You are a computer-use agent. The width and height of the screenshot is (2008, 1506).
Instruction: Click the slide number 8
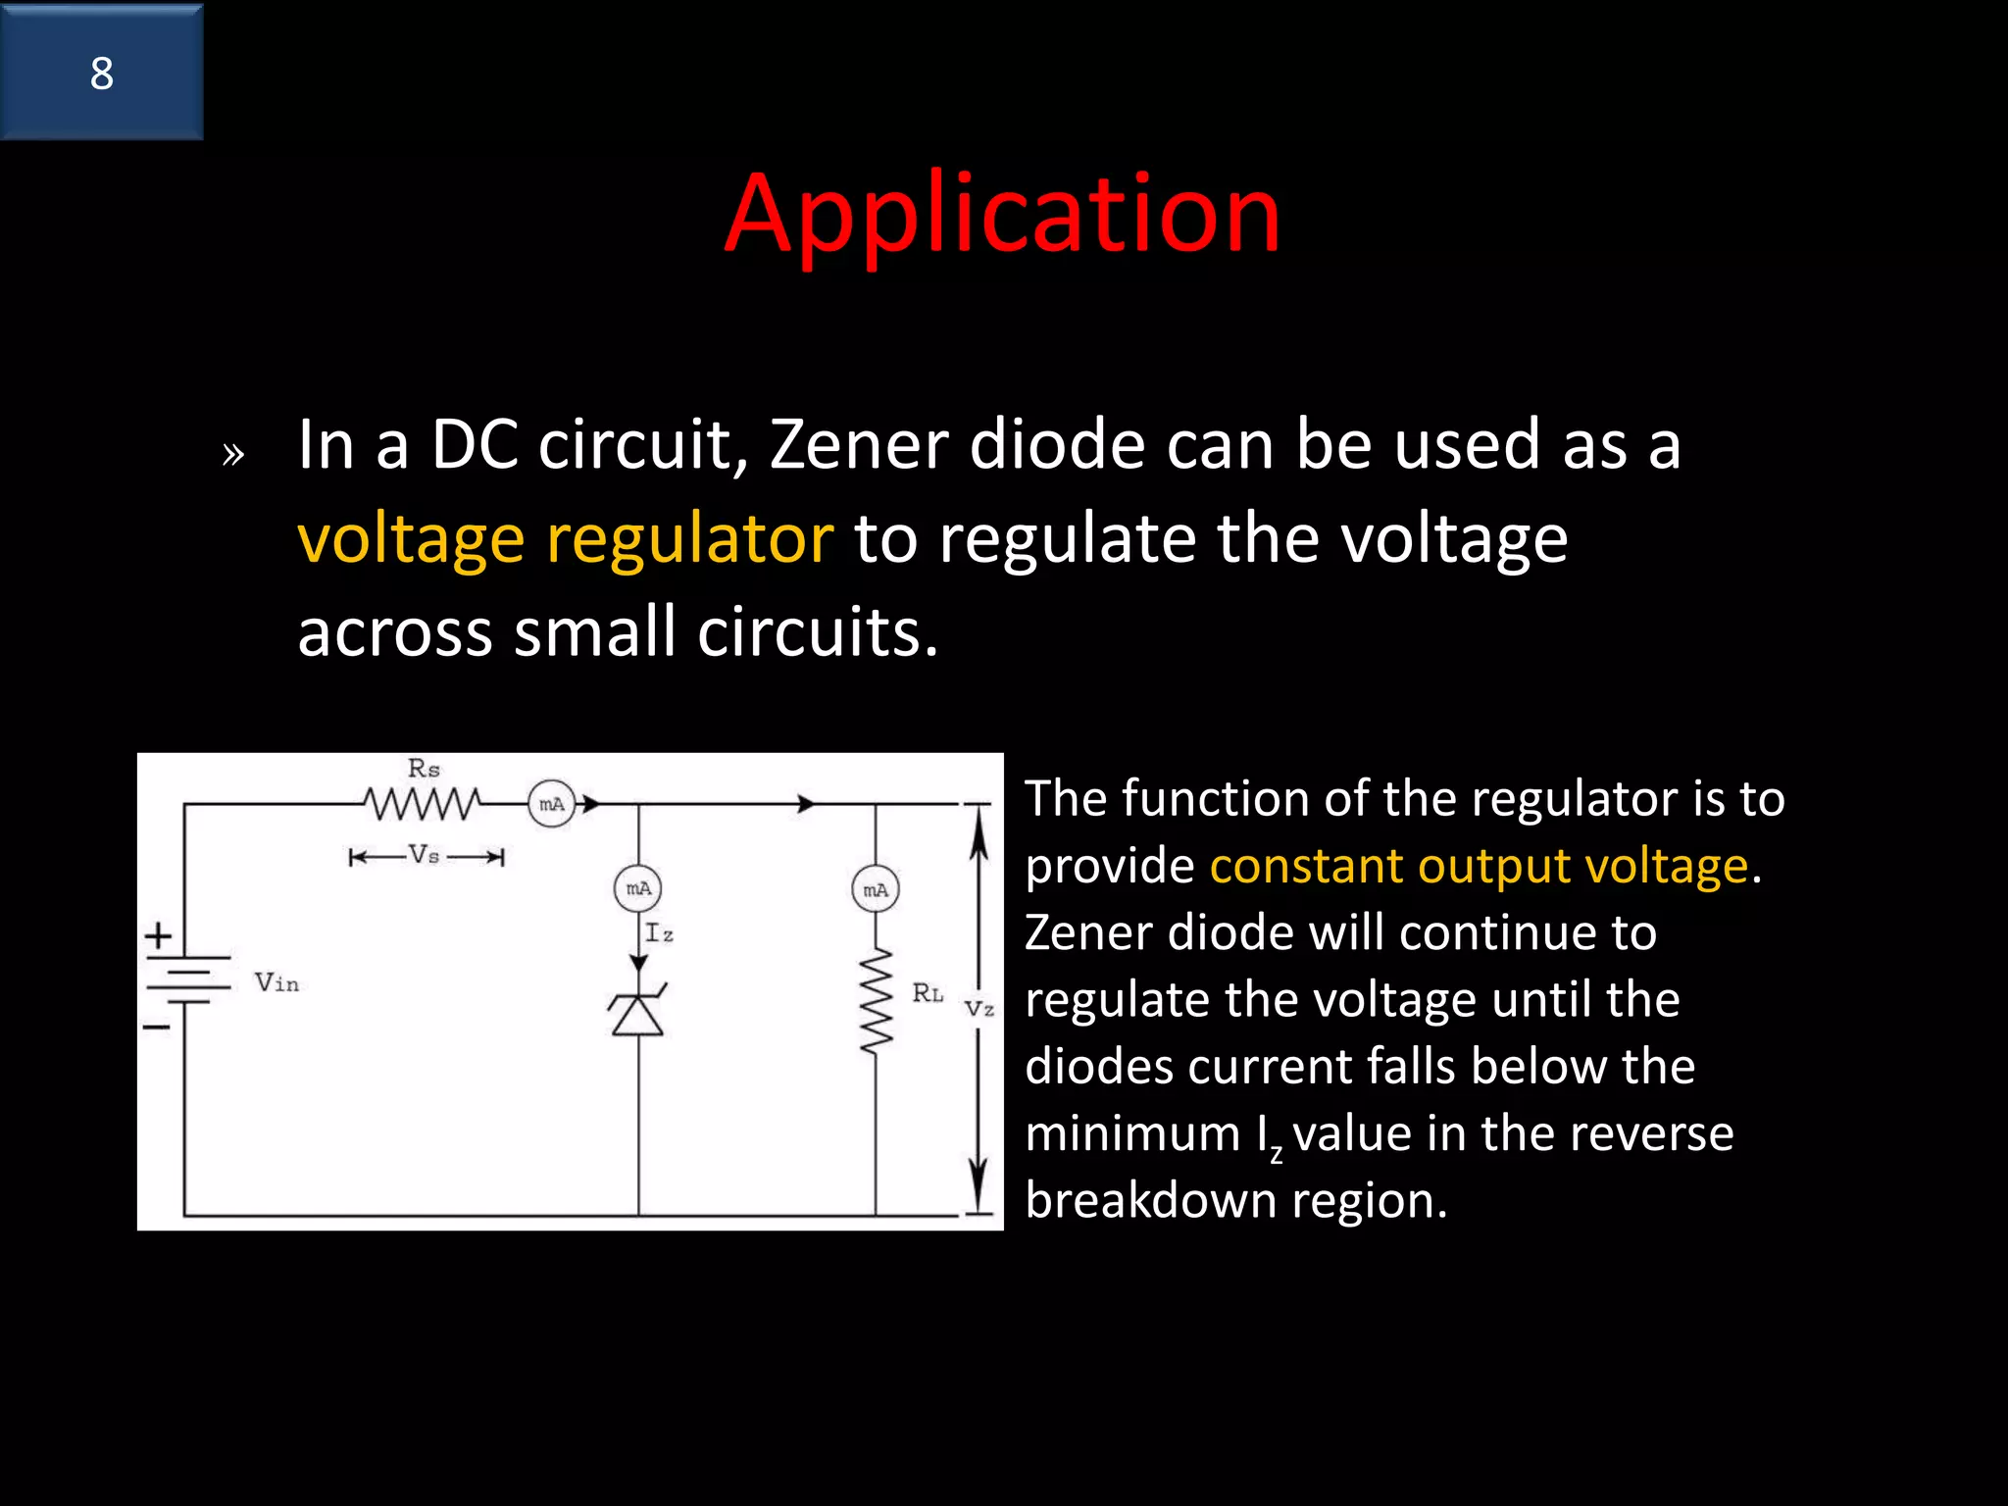(102, 74)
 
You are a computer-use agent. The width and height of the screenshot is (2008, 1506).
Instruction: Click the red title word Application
(1002, 213)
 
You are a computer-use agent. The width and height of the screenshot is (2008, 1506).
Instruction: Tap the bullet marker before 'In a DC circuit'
(232, 454)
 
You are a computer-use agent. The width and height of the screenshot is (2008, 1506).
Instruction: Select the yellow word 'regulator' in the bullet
(689, 539)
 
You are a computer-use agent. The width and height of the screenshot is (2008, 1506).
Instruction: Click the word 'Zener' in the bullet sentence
(859, 445)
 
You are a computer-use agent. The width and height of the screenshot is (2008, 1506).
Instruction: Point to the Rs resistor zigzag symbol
(423, 804)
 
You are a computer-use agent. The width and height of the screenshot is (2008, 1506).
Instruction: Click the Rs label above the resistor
(424, 769)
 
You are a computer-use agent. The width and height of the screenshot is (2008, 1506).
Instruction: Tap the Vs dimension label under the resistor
(425, 855)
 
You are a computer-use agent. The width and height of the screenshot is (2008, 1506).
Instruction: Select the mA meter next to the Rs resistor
(551, 804)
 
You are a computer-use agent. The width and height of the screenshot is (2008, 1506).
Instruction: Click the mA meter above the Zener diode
(638, 888)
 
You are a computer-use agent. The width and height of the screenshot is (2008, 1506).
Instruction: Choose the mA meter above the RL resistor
(876, 889)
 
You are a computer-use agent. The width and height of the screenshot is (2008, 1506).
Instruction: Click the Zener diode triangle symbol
(638, 1014)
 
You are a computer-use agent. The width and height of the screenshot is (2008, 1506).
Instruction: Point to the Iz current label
(659, 932)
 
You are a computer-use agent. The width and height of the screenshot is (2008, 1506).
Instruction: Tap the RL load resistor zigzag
(876, 1000)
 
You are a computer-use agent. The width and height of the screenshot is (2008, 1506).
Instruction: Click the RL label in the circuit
(928, 993)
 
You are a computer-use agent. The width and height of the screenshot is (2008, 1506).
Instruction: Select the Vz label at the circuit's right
(979, 1008)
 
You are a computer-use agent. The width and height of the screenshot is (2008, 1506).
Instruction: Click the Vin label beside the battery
(276, 982)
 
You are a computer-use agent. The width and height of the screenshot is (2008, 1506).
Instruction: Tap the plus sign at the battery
(159, 935)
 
